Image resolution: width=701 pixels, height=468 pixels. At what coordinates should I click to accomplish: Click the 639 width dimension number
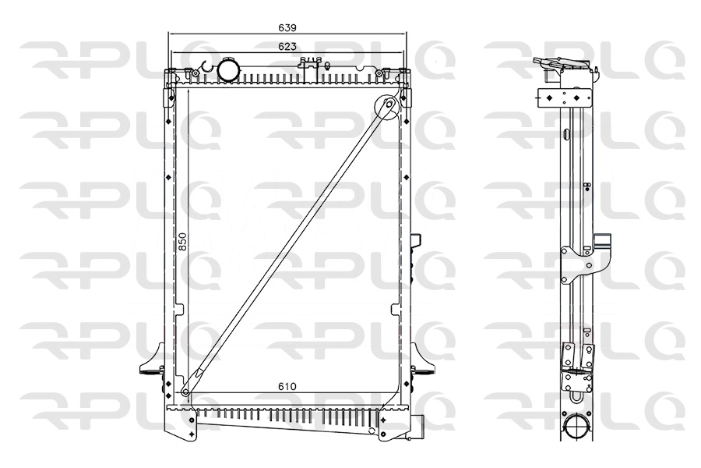287,27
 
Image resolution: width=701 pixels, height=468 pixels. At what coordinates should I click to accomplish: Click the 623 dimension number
287,47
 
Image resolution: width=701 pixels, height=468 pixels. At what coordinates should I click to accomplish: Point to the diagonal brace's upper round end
387,107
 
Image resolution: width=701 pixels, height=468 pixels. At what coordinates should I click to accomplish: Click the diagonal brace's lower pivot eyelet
186,392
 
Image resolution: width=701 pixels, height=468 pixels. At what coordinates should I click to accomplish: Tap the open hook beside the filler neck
205,68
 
